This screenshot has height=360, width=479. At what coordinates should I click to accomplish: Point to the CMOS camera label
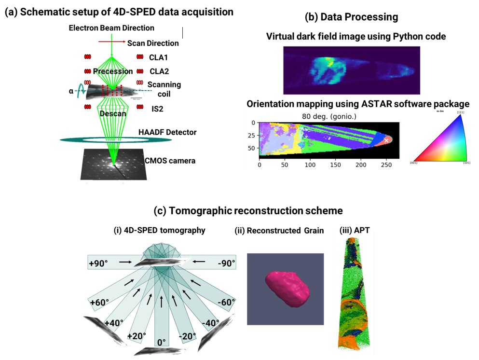point(171,160)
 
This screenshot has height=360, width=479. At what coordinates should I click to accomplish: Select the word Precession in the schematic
point(113,71)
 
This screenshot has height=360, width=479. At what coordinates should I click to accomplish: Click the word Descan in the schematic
point(113,114)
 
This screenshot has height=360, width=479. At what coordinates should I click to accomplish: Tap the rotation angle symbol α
point(71,90)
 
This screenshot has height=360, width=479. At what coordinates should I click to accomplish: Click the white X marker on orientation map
point(386,140)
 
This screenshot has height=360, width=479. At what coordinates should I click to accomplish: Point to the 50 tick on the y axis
point(251,149)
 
